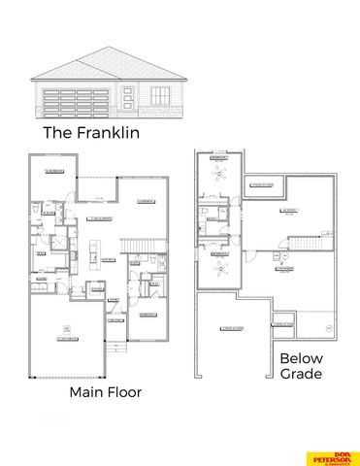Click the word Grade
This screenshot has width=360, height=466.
(301, 374)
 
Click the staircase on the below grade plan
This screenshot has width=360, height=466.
(309, 242)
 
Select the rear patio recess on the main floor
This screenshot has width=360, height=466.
(95, 189)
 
